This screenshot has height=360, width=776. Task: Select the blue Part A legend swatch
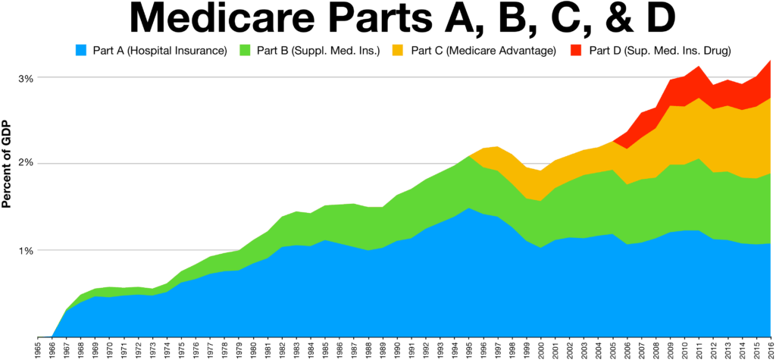pos(81,51)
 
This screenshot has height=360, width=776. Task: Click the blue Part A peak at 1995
pos(468,208)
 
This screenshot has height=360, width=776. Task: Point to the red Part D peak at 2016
pos(769,62)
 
